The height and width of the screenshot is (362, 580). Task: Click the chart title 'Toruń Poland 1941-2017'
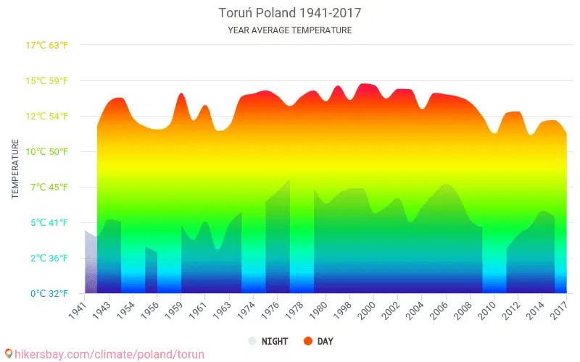(x=289, y=13)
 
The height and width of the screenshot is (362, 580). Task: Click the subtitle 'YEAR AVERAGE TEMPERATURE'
(x=289, y=30)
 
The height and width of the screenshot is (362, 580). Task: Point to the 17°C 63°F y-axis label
(x=47, y=45)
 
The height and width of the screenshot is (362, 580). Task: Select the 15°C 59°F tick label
(x=47, y=80)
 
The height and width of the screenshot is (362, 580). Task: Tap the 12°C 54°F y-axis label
(x=47, y=116)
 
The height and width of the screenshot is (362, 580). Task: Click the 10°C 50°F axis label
(x=47, y=151)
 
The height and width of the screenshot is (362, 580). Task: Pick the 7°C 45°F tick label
(x=47, y=187)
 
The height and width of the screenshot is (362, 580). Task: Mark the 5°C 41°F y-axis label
(x=47, y=222)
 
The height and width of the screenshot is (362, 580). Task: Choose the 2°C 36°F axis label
(x=47, y=258)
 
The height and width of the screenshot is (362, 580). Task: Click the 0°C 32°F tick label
(x=47, y=293)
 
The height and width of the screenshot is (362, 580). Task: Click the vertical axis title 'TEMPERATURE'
(x=14, y=169)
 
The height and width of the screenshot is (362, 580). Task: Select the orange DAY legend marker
(x=307, y=341)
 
